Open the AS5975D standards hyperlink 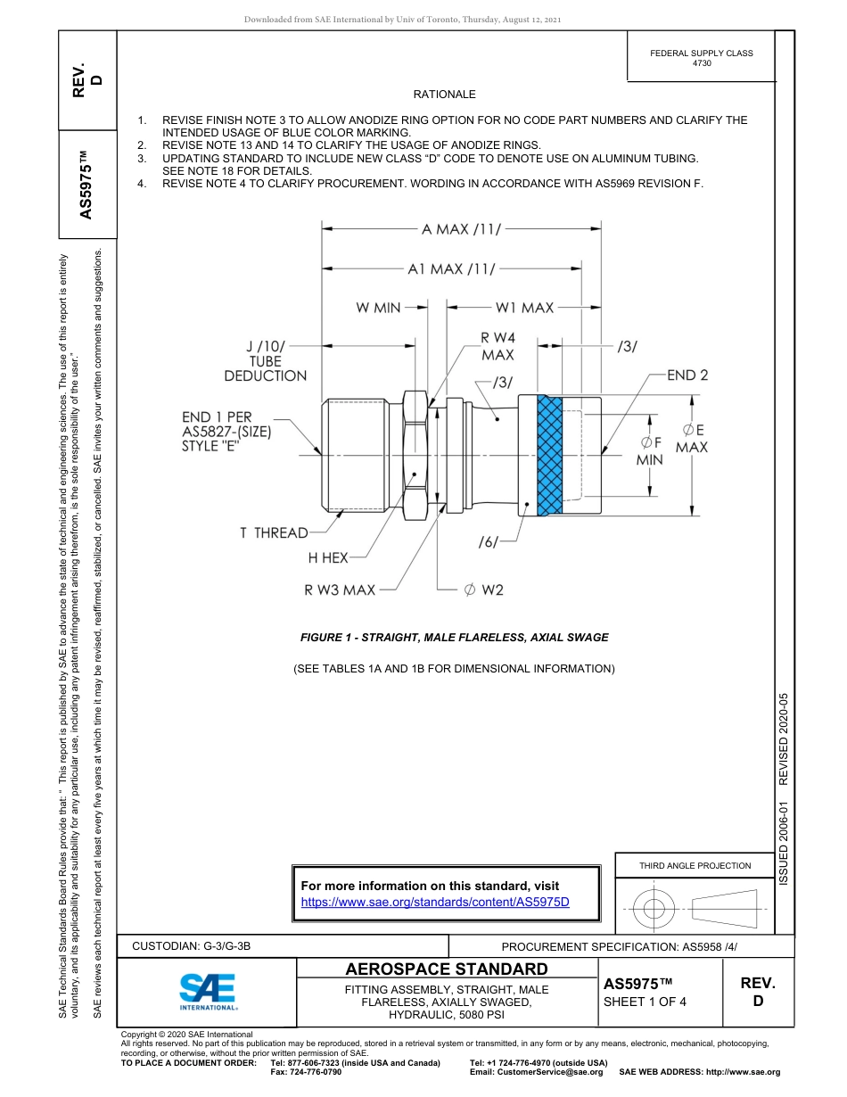tap(435, 903)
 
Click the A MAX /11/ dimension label tap(461, 229)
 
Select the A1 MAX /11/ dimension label tap(451, 268)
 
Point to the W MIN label tap(378, 308)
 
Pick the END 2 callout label tap(687, 375)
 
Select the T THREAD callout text tap(273, 533)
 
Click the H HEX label tap(328, 558)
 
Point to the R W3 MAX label tap(340, 590)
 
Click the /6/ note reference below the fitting tap(488, 541)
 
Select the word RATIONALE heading tap(444, 95)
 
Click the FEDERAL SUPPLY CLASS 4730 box tap(701, 58)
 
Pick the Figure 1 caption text tap(455, 638)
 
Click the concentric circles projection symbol tap(654, 908)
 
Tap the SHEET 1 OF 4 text tap(645, 1001)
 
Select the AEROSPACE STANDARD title tap(447, 969)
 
